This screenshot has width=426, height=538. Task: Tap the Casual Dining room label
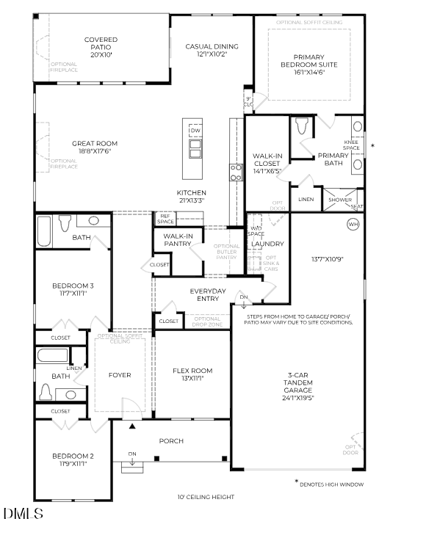click(x=212, y=49)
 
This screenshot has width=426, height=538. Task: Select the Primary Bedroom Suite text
click(x=315, y=65)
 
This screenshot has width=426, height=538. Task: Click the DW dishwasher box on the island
click(x=195, y=131)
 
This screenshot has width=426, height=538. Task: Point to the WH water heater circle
click(x=353, y=224)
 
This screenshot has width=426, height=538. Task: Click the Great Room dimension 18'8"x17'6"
click(x=95, y=151)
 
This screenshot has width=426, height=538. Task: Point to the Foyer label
click(x=120, y=375)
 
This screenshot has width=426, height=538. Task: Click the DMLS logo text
click(x=23, y=515)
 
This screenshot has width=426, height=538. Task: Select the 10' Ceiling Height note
click(x=204, y=497)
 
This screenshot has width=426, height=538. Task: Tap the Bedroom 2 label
click(x=72, y=460)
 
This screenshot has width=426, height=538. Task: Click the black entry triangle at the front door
click(x=132, y=425)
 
